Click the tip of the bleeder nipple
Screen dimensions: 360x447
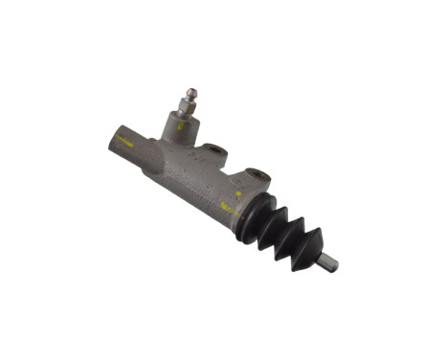coord(190,92)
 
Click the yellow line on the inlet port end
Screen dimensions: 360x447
coord(123,138)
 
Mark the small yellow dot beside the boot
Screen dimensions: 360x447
coord(238,192)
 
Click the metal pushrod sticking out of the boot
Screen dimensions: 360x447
coord(328,261)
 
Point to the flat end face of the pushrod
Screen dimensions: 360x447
coord(335,267)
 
